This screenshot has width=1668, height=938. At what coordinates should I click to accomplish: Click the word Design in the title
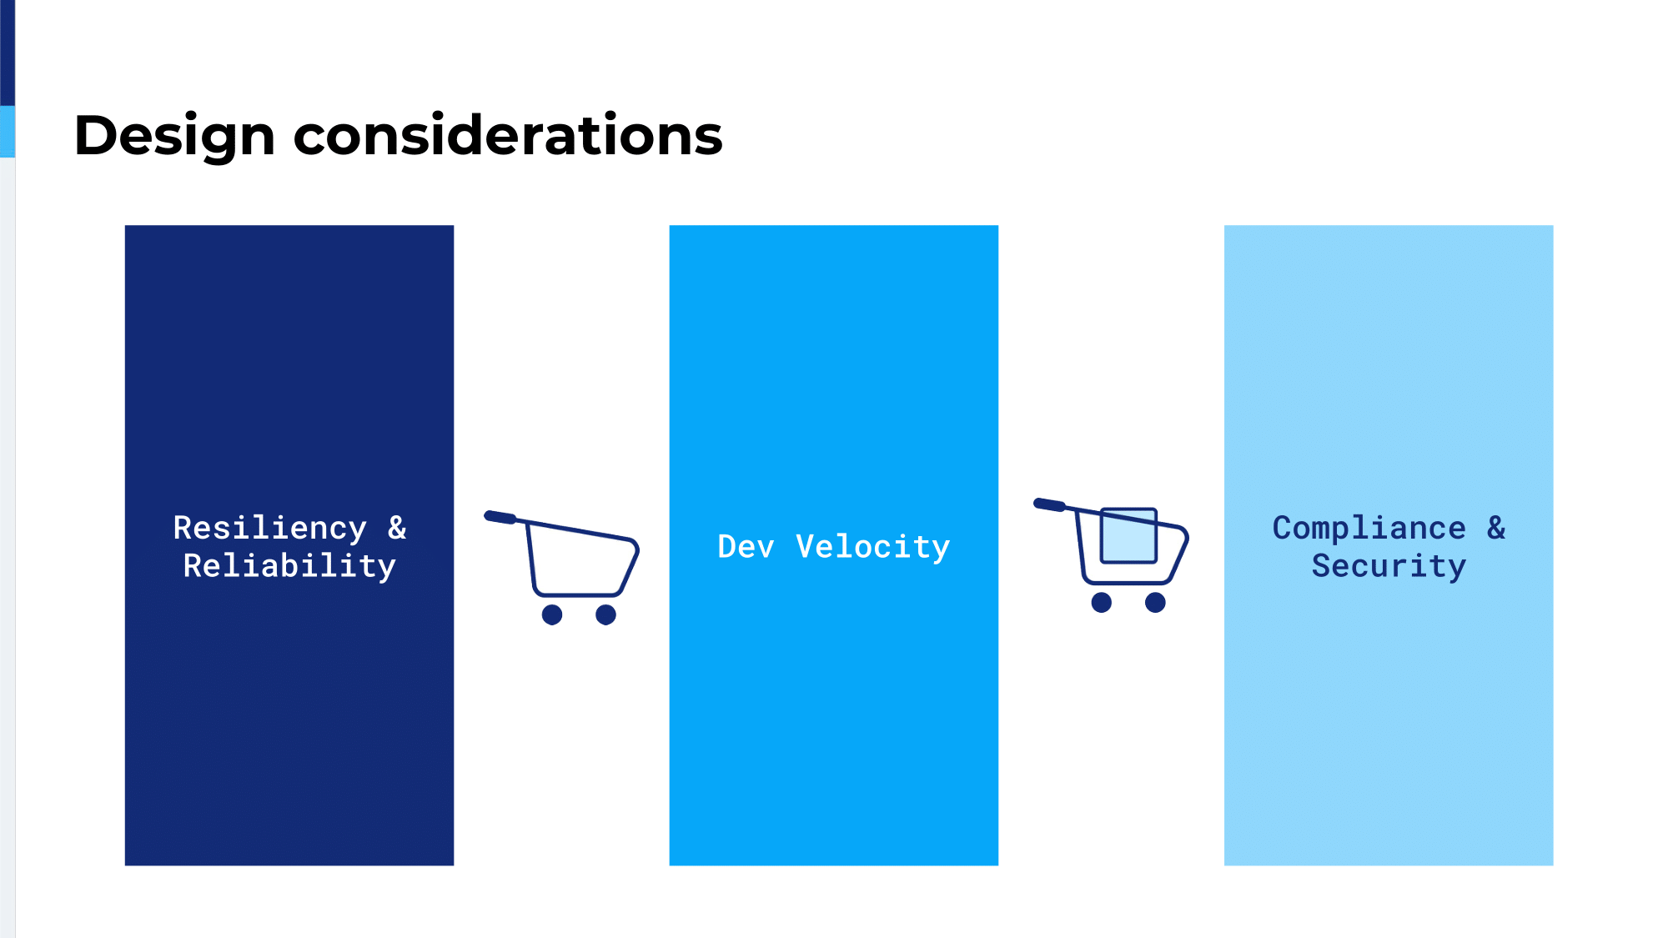pos(174,137)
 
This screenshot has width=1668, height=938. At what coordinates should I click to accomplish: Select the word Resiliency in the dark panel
pos(269,529)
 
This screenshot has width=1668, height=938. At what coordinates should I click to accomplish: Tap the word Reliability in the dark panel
pos(289,566)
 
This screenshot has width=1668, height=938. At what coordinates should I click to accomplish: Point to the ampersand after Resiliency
pos(397,528)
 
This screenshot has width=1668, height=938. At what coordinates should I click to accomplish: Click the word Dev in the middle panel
pos(746,547)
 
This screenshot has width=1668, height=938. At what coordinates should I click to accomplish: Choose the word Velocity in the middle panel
pos(872,548)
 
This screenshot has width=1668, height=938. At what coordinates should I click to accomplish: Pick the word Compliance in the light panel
pos(1369,529)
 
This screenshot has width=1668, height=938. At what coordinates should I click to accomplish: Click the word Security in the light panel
pos(1389,566)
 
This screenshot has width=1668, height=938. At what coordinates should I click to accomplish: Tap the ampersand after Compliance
pos(1496,528)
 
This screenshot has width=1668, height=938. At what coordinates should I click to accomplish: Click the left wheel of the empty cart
pos(552,614)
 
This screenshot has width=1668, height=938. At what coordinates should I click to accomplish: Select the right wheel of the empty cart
pos(605,614)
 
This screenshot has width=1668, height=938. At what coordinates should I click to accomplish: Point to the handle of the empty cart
pos(500,517)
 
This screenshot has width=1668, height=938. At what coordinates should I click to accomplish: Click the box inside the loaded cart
pos(1128,535)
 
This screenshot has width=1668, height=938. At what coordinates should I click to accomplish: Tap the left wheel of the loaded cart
pos(1102,602)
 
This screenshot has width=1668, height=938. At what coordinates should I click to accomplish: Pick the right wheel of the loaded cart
pos(1155,602)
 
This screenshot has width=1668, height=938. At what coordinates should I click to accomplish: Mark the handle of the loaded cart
pos(1050,504)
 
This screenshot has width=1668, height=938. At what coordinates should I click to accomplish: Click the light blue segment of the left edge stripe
pos(8,132)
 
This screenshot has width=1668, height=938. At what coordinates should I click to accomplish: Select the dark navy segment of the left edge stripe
pos(8,53)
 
